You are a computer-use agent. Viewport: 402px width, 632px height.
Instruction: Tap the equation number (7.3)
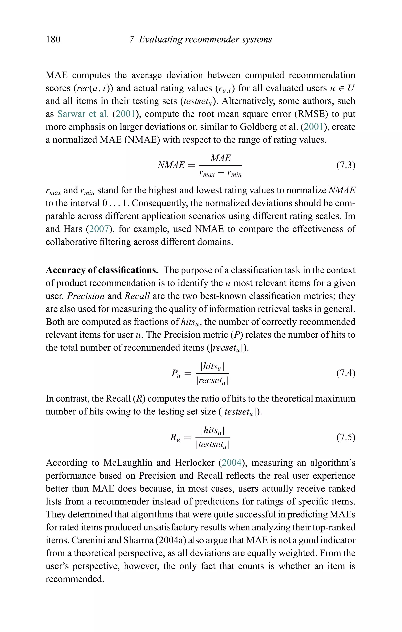click(x=346, y=165)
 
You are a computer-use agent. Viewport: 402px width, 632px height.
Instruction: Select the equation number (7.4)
click(x=346, y=373)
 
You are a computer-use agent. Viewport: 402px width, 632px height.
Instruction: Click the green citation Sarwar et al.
click(x=83, y=114)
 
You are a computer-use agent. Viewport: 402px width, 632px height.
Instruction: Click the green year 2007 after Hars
click(x=99, y=229)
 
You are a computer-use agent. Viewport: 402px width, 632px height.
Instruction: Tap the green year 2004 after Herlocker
click(x=232, y=463)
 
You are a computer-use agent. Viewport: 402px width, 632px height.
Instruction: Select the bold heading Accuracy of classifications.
click(x=102, y=270)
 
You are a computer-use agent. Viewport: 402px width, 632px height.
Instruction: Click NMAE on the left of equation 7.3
click(x=171, y=165)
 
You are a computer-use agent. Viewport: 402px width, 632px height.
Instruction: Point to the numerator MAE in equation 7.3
click(x=221, y=158)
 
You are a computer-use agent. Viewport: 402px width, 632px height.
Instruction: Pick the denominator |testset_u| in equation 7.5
click(x=213, y=445)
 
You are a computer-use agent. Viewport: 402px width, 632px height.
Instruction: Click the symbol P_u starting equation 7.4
click(x=176, y=373)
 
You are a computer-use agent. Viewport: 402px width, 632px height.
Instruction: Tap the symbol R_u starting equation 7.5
click(x=175, y=438)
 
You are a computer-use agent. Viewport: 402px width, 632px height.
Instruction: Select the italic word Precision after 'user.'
click(x=86, y=296)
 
